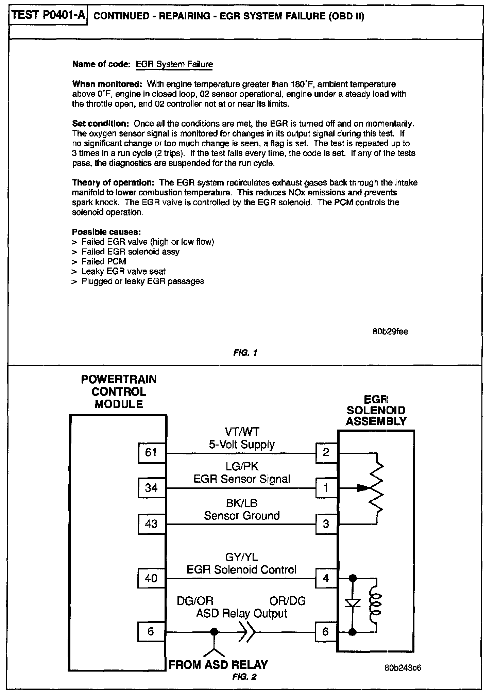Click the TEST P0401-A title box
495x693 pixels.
[x=48, y=16]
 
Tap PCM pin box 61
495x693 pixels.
[x=151, y=453]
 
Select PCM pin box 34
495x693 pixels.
[x=151, y=488]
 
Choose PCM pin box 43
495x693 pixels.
[x=151, y=523]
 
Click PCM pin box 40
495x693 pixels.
[x=151, y=578]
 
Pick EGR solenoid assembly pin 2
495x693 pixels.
[x=326, y=453]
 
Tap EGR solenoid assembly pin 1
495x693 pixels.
[x=326, y=488]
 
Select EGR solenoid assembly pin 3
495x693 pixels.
[x=326, y=523]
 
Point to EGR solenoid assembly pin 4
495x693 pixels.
[x=326, y=578]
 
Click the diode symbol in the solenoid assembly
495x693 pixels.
[x=353, y=603]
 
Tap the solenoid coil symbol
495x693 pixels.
[x=377, y=603]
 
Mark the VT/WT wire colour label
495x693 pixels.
[x=242, y=432]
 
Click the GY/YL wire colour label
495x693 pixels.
[x=242, y=557]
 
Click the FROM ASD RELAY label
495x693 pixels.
[x=218, y=664]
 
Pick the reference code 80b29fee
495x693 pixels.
[x=390, y=332]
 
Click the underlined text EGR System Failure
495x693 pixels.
[x=174, y=64]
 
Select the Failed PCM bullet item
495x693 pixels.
[x=104, y=261]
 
